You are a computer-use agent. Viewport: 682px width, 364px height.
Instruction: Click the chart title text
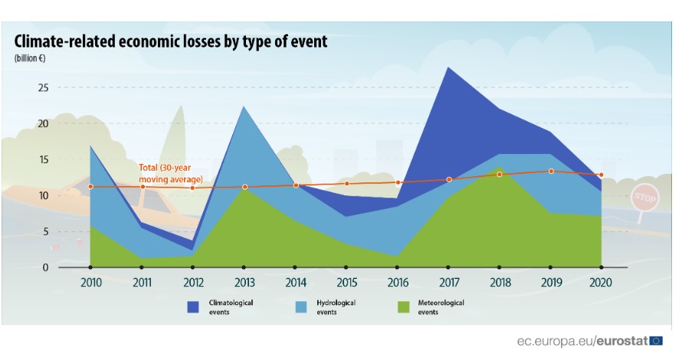pos(171,41)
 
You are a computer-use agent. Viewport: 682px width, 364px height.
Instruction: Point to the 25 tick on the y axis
pos(43,88)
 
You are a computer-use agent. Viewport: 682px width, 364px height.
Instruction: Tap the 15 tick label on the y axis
pos(43,159)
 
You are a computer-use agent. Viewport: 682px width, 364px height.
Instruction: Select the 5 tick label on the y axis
pos(45,231)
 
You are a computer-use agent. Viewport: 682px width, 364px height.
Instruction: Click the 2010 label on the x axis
pos(90,282)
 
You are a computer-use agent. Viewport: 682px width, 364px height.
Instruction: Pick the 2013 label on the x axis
pos(244,282)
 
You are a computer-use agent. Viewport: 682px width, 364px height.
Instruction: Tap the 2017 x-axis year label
pos(448,282)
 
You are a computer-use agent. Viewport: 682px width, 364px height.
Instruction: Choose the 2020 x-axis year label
pos(602,282)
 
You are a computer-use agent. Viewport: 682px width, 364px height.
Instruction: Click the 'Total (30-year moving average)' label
pos(171,172)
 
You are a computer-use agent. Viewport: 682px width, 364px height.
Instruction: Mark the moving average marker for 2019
pos(550,171)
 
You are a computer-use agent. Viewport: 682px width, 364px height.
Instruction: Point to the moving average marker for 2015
pos(346,183)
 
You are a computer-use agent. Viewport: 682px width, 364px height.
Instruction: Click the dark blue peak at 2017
pos(448,69)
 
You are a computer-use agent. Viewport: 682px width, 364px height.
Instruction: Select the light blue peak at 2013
pos(244,107)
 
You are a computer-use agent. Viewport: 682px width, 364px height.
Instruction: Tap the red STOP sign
pos(644,198)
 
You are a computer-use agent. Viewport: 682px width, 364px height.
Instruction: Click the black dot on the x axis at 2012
pos(193,267)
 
